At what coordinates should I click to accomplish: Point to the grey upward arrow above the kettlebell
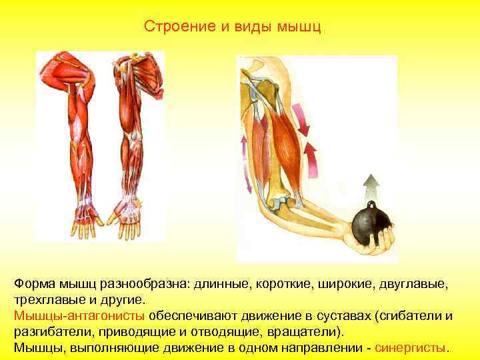pos(370,186)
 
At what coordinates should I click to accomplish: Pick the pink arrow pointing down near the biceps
pos(303,119)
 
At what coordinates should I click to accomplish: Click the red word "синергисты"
pos(412,348)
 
